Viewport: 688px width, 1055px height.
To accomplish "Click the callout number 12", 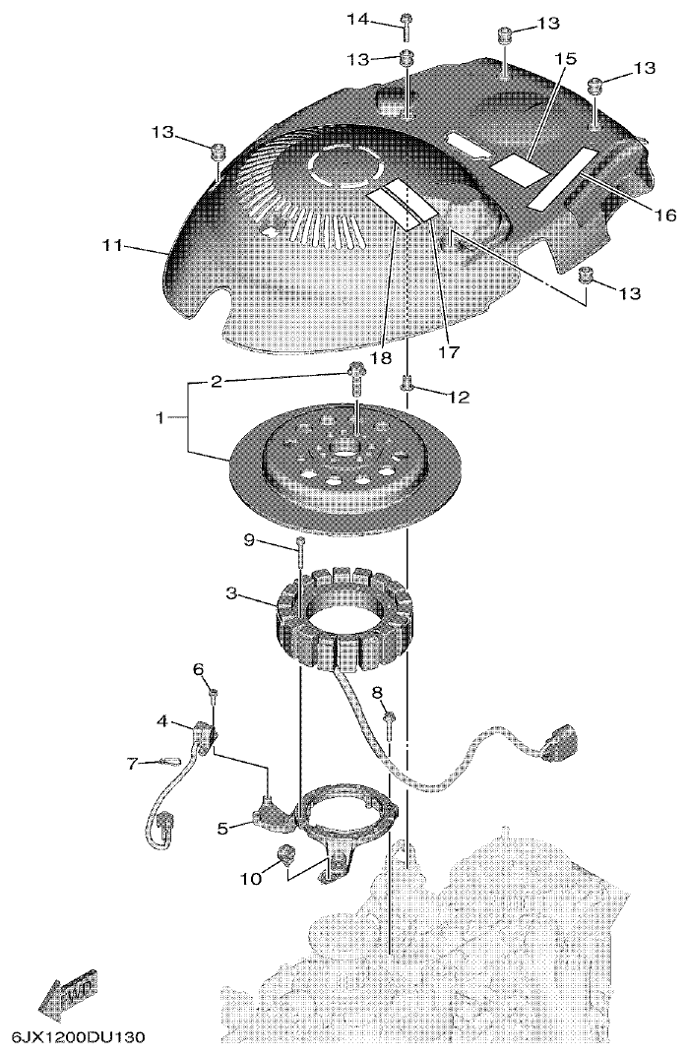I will (459, 398).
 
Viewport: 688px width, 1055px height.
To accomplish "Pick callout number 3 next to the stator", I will (231, 593).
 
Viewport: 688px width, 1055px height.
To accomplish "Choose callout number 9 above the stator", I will (250, 539).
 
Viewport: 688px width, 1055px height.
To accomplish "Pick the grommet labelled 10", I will (287, 853).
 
